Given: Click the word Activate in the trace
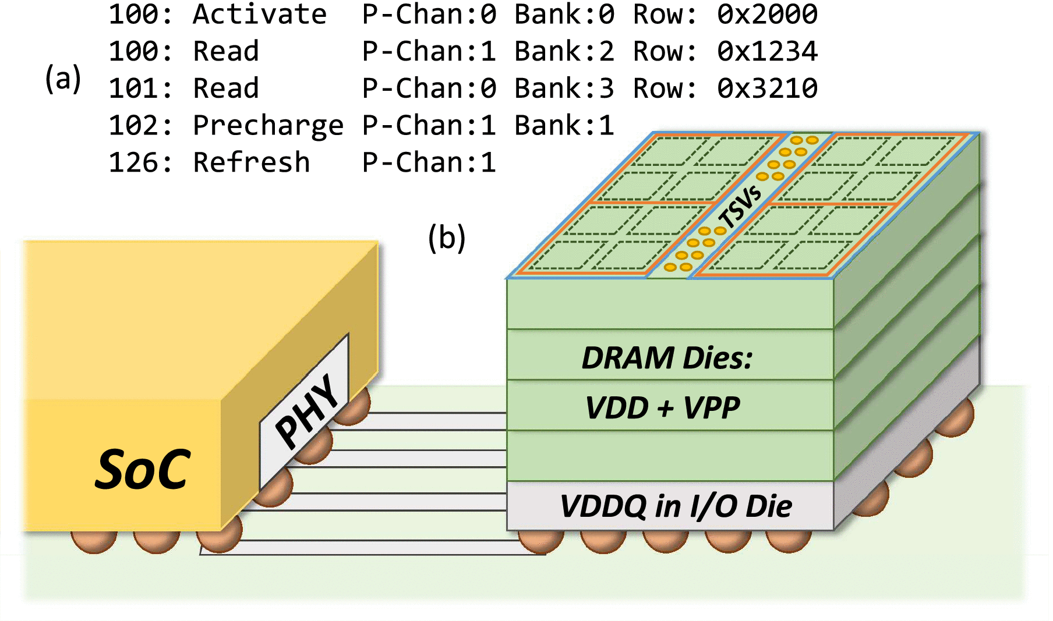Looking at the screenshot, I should coord(260,14).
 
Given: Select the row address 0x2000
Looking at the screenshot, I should coord(767,14).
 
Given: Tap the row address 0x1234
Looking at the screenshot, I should coord(767,51).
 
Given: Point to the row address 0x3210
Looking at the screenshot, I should coord(767,88).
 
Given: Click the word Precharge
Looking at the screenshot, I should coord(268,126).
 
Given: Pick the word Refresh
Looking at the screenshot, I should coord(251,162).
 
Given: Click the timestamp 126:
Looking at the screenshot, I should coord(140,162).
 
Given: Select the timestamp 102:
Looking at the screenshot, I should coord(140,126).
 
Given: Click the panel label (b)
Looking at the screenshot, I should coord(447,237).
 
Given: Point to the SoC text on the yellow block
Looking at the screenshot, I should coord(143,469).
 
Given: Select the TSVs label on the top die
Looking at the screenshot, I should coord(740,207).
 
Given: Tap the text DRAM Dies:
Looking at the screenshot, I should coord(667,357).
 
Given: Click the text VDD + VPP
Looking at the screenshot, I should coord(663,407).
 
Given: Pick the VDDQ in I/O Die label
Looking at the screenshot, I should coord(676,506).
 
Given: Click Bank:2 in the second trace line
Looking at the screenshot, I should coord(564,51).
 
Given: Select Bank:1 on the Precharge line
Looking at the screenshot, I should coord(564,126).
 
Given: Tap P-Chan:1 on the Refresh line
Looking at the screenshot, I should coord(429,162).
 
